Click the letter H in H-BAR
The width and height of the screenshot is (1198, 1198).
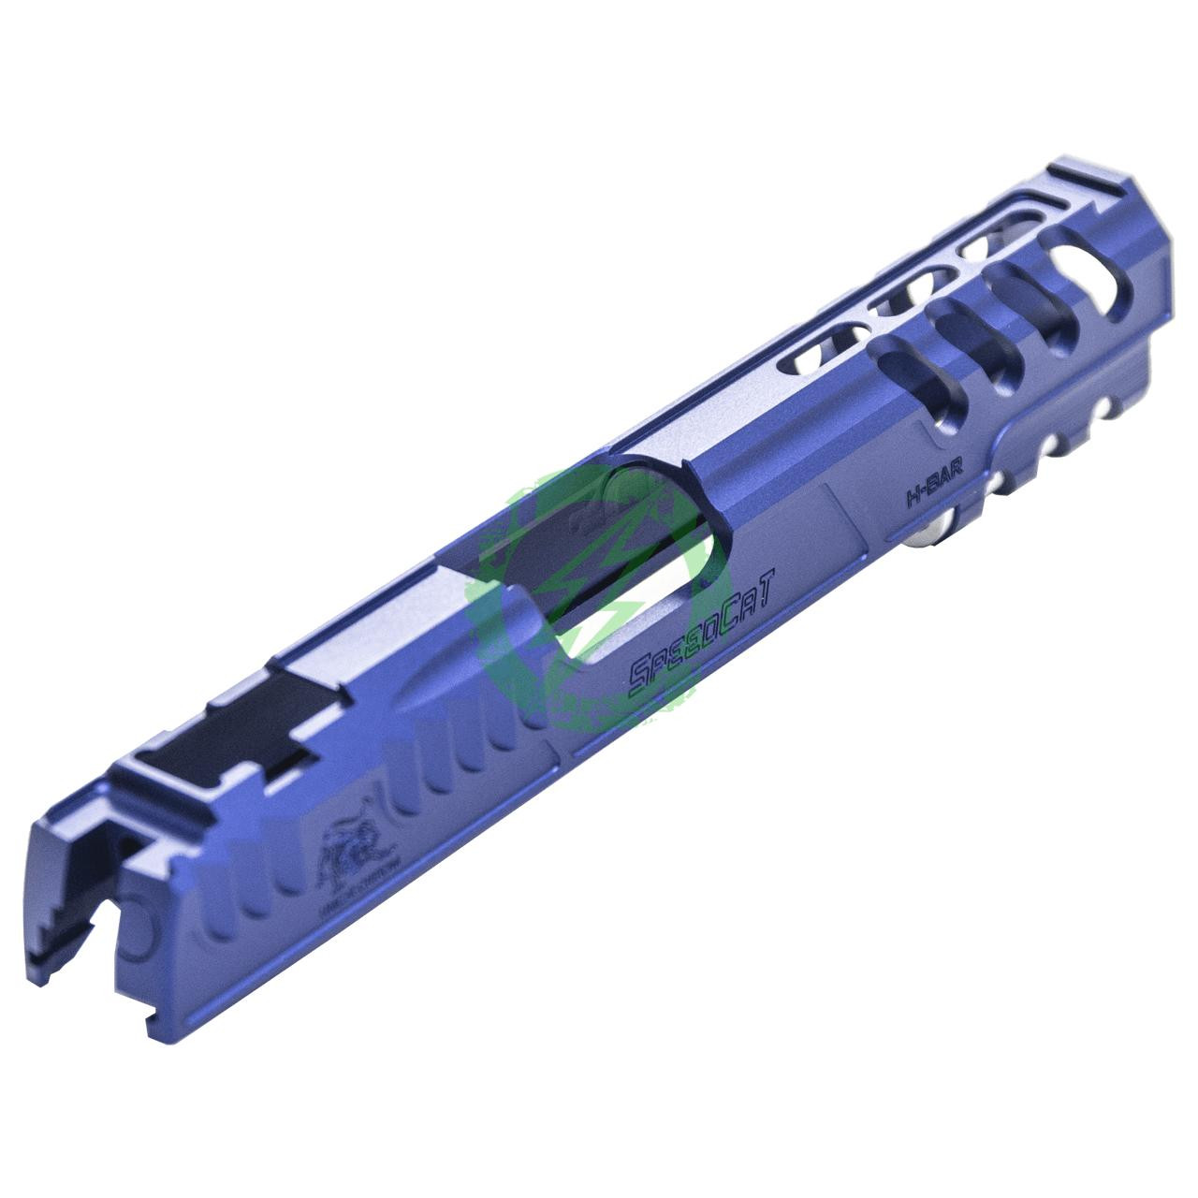click(x=910, y=498)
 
